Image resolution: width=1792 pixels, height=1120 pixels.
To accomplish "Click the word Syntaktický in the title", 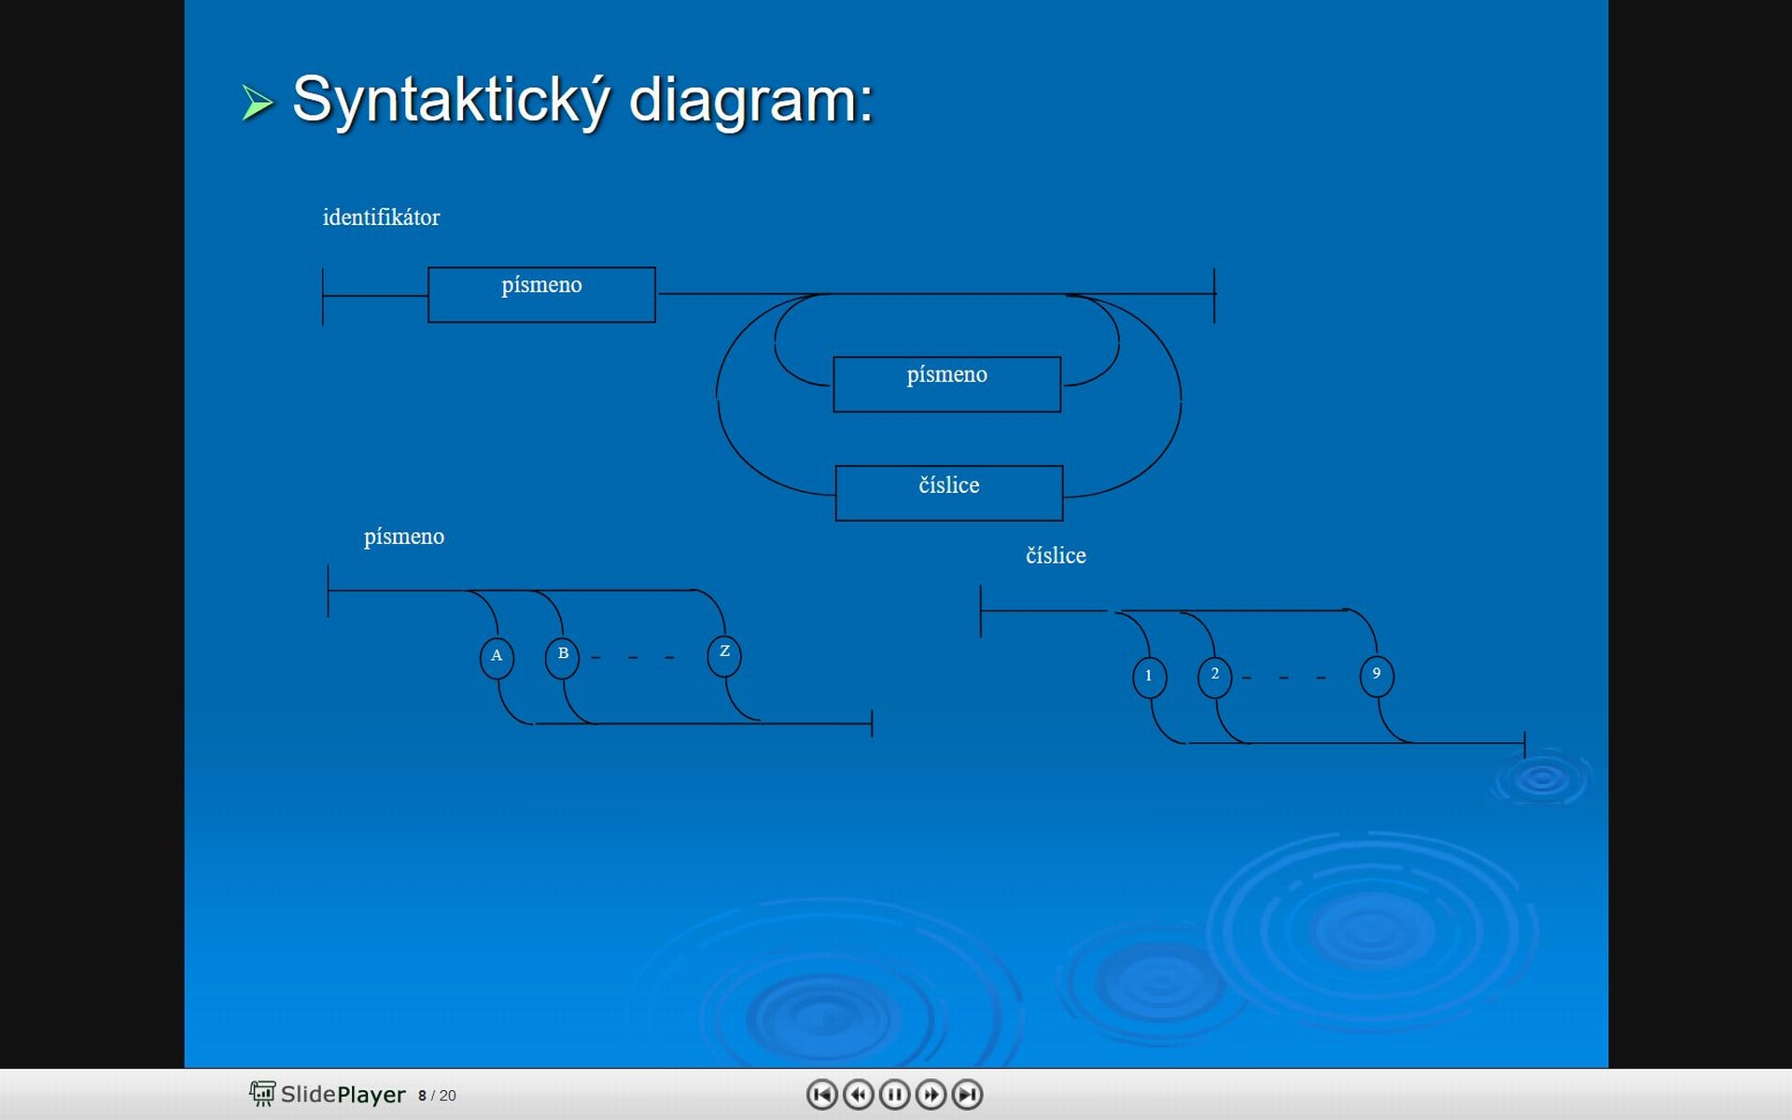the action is (452, 100).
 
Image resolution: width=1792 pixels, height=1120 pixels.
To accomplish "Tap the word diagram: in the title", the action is (751, 100).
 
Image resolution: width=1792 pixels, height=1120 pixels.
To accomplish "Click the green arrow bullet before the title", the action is (258, 103).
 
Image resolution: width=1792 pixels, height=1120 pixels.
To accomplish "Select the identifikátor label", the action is (381, 217).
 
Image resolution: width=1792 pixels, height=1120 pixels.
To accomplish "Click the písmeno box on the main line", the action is (541, 295).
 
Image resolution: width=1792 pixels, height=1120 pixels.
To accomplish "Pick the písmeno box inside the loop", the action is (946, 384).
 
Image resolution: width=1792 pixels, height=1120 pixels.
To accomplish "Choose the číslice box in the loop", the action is (948, 493).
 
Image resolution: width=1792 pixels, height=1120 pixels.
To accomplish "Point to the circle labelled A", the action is (497, 657).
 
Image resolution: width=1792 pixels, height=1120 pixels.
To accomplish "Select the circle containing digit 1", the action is (1149, 677).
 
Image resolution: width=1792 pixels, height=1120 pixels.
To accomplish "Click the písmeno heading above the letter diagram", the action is (404, 537).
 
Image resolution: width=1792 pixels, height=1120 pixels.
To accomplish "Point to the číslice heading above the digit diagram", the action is (1056, 555).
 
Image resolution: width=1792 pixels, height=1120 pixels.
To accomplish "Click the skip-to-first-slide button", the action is (821, 1094).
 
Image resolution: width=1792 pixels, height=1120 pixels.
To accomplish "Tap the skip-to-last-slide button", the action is (967, 1094).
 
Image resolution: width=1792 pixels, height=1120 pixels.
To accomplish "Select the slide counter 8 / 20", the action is (437, 1096).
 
